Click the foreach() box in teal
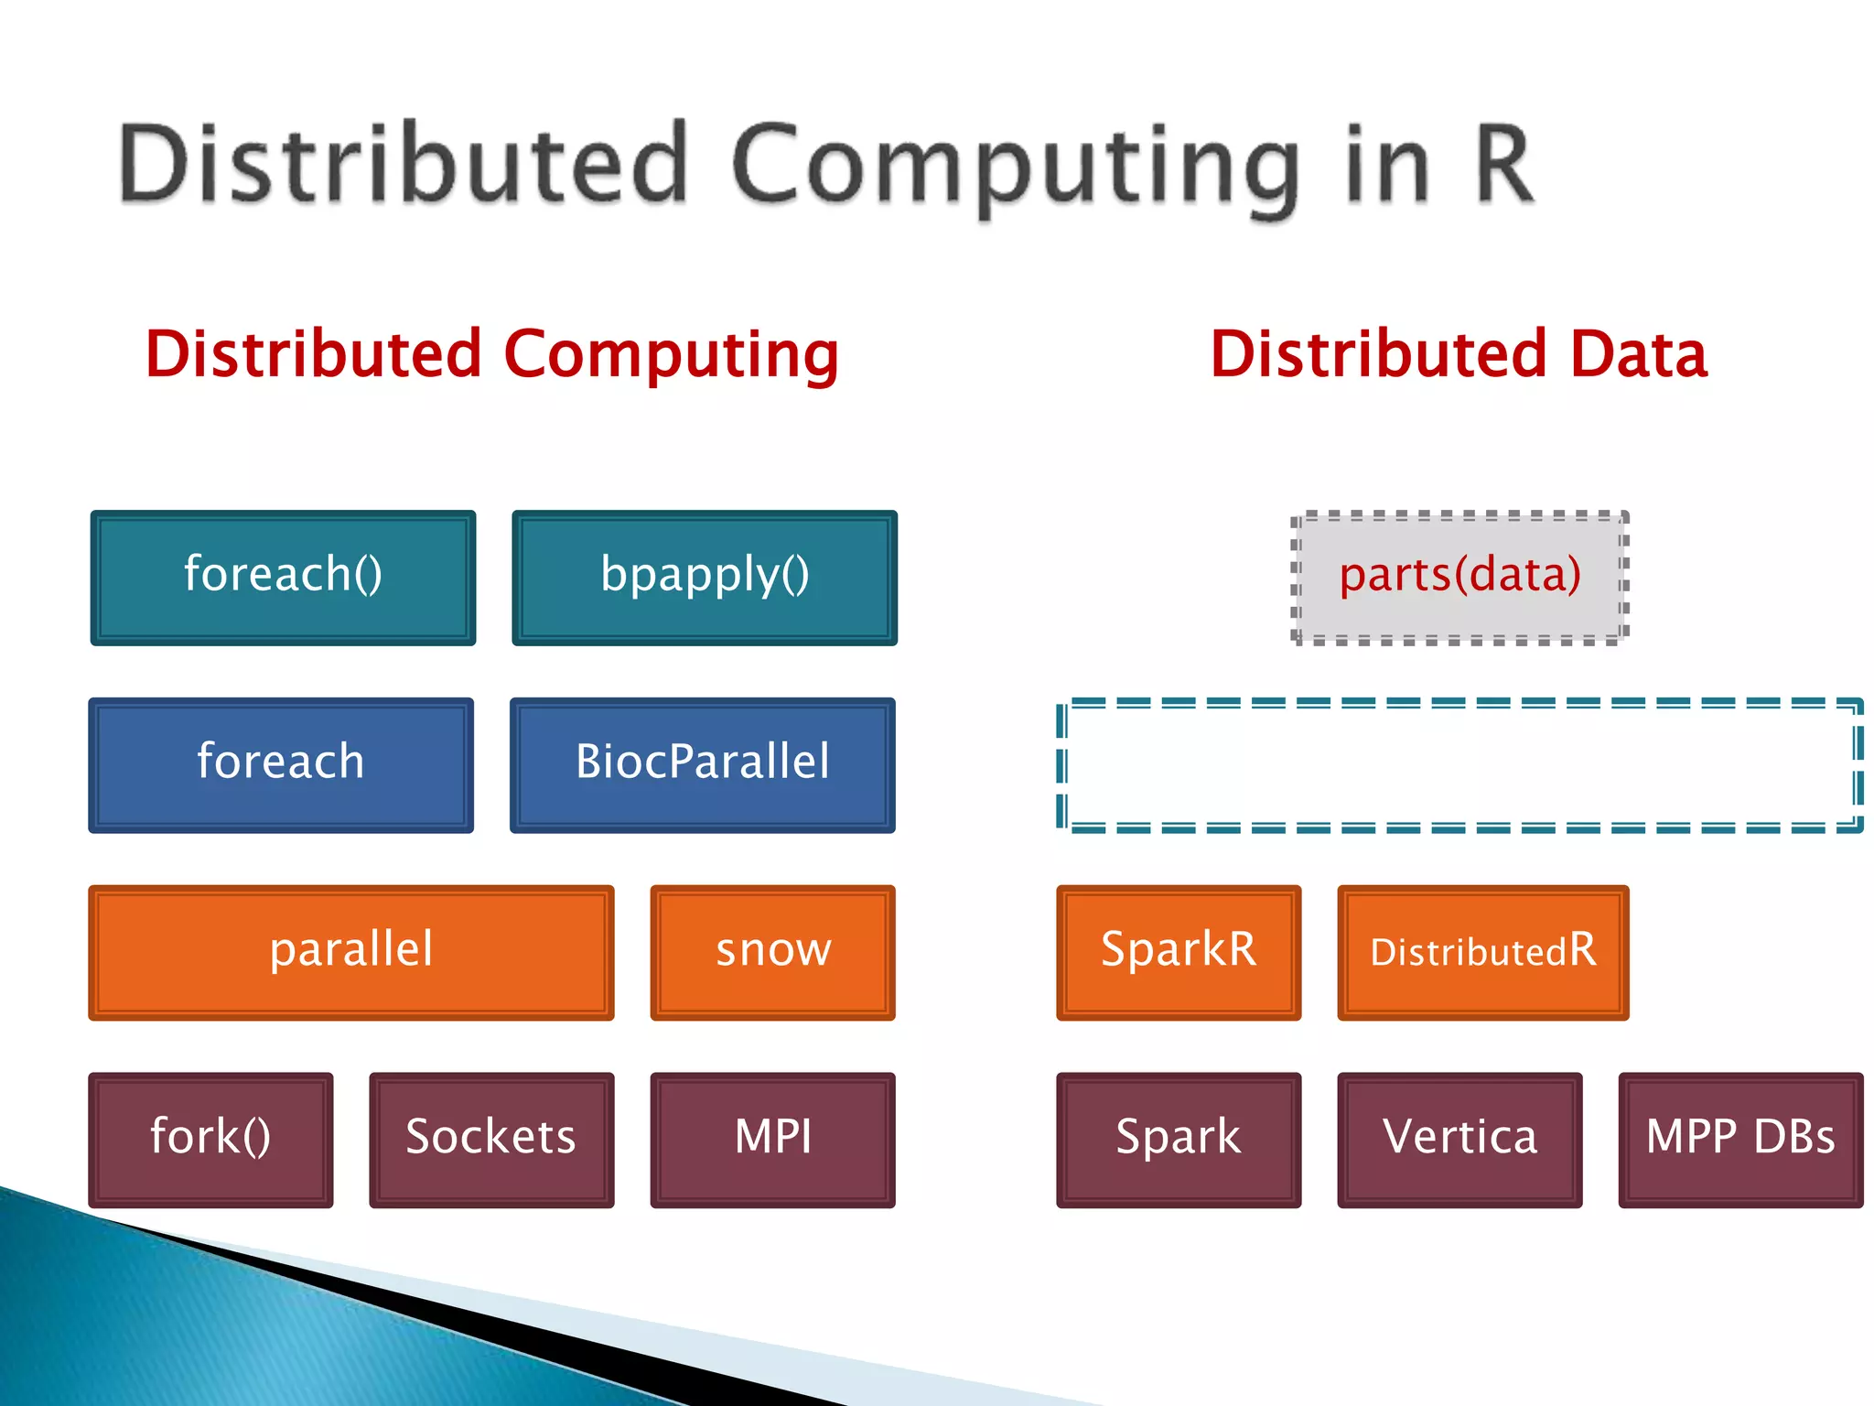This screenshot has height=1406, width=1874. [283, 578]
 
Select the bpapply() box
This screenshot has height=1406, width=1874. [704, 578]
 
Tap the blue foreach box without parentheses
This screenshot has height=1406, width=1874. [281, 764]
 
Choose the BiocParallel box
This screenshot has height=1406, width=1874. [702, 764]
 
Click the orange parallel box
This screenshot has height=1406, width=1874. [350, 952]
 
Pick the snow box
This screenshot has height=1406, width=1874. [772, 952]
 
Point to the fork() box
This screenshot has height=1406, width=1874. [210, 1140]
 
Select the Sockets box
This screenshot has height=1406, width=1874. [491, 1140]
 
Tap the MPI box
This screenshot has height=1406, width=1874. [772, 1140]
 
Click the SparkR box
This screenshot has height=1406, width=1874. [1178, 952]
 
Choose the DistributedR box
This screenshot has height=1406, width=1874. [1482, 952]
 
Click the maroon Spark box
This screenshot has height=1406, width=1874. [1178, 1140]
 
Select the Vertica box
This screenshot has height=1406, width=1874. [1459, 1140]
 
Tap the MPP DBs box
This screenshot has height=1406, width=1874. [1739, 1140]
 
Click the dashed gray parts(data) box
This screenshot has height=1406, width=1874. [1459, 578]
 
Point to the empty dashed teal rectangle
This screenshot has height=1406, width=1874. [1459, 765]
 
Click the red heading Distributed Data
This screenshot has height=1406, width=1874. [1459, 355]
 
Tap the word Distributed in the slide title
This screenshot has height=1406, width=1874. [403, 166]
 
